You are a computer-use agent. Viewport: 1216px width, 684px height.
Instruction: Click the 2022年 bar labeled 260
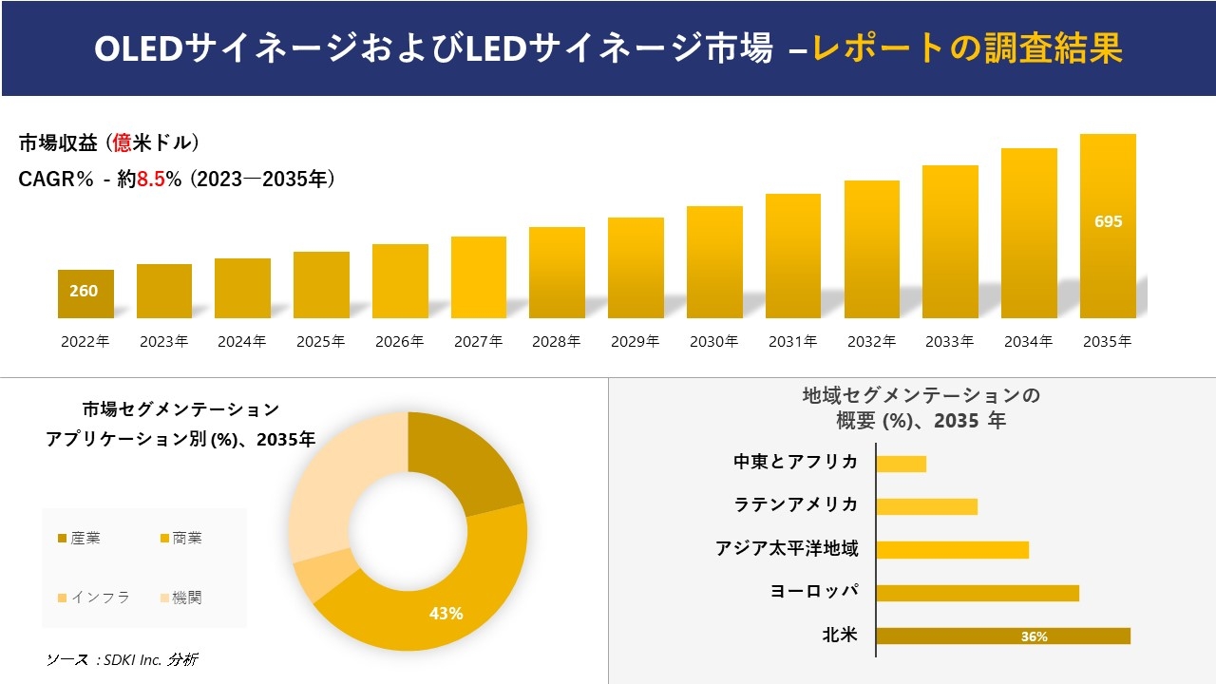[85, 294]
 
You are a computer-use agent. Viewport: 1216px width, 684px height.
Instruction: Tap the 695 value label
[1108, 221]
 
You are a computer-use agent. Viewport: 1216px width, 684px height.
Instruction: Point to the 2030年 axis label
[714, 342]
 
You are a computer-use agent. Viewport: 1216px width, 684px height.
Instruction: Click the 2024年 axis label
[242, 342]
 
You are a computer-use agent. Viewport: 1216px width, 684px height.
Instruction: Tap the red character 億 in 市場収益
[123, 143]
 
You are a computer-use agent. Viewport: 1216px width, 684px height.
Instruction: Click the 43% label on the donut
[446, 614]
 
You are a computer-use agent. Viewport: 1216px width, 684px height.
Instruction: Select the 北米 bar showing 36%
[1002, 636]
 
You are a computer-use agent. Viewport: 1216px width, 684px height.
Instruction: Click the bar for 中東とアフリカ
[901, 464]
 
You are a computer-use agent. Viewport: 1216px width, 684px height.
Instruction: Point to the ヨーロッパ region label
[814, 592]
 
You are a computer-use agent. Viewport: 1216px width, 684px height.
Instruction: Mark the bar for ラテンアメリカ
[926, 506]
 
